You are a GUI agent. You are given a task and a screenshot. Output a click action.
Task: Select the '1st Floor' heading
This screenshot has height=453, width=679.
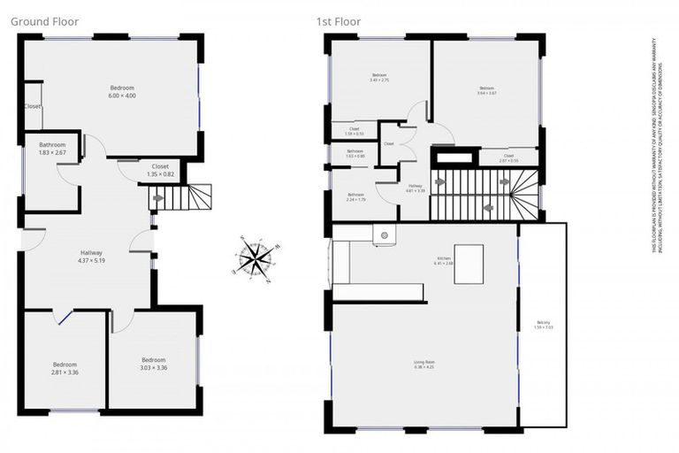(338, 20)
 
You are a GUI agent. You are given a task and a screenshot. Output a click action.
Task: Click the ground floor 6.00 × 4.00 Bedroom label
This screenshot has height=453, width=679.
(122, 91)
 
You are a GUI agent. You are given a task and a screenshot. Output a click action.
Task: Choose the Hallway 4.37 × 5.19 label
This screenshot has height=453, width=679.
(91, 257)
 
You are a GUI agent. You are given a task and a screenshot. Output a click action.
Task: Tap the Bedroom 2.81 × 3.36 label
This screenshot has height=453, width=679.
(65, 368)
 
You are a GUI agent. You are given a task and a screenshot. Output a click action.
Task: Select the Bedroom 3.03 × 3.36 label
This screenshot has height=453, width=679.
(153, 364)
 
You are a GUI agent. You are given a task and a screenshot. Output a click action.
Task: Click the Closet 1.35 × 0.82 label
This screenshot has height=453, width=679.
(160, 170)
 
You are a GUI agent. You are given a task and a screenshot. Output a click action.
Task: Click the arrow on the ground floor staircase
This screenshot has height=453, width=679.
(158, 198)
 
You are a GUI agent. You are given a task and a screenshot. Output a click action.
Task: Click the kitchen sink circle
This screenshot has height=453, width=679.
(385, 236)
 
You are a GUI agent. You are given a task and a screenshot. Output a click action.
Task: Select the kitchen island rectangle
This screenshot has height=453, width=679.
(469, 264)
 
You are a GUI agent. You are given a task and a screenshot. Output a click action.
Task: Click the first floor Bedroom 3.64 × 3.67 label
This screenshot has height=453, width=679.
(486, 91)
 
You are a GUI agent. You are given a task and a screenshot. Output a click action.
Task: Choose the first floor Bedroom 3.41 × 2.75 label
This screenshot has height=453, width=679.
(379, 78)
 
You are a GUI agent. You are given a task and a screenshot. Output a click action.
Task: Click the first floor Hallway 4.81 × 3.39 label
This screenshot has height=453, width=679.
(415, 187)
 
